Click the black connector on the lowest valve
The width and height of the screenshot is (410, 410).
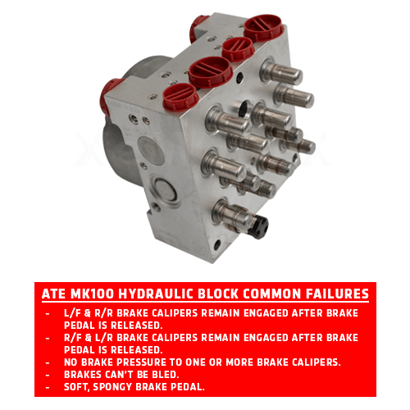(x=257, y=226)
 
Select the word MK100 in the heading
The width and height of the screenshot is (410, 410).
(x=92, y=294)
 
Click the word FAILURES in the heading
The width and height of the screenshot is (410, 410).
(x=337, y=294)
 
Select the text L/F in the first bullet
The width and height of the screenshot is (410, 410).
(x=72, y=313)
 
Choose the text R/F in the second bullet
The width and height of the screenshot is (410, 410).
(x=73, y=338)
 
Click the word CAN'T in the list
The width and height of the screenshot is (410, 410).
(x=120, y=375)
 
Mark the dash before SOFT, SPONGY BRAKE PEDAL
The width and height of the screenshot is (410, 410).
(x=48, y=387)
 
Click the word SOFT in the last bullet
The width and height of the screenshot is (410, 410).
(x=77, y=387)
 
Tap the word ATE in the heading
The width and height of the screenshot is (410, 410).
(x=53, y=294)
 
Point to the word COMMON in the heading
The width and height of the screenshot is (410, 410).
(x=272, y=294)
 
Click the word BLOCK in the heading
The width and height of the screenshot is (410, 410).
(x=218, y=294)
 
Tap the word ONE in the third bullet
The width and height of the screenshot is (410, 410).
(x=196, y=362)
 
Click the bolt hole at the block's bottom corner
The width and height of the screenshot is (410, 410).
(x=217, y=244)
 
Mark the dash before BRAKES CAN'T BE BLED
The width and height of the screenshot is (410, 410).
(x=48, y=375)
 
